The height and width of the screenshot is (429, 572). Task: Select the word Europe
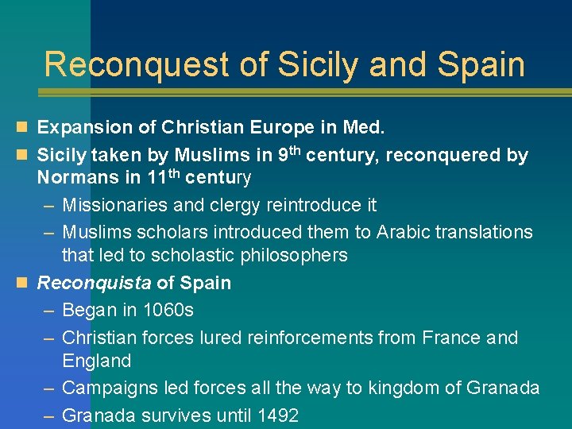point(296,128)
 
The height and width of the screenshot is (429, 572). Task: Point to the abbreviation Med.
point(364,128)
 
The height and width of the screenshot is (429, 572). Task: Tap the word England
point(96,361)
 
